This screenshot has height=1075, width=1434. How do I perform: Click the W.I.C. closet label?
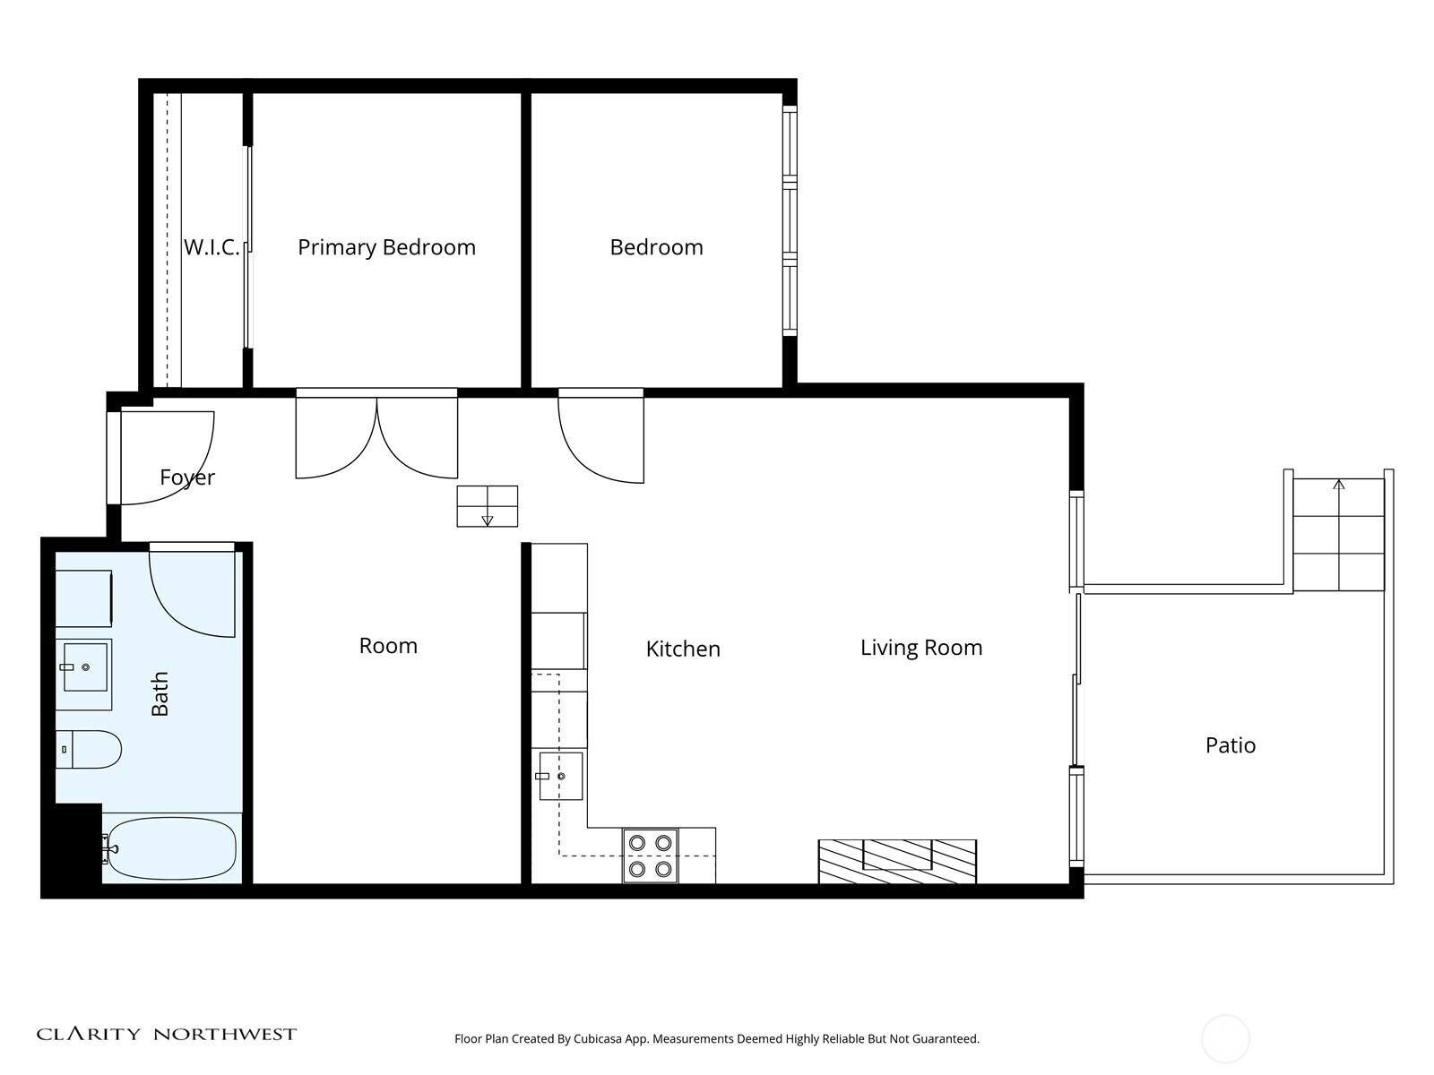(212, 247)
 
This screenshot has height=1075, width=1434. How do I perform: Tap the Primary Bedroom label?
(386, 247)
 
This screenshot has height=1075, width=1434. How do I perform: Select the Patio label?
(1230, 745)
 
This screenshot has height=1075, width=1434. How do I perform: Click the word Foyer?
(187, 477)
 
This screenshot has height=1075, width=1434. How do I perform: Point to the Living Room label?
(921, 648)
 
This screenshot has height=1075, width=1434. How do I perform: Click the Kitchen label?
(683, 649)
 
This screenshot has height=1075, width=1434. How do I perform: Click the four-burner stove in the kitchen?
(651, 856)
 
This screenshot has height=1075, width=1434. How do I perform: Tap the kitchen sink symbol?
(561, 776)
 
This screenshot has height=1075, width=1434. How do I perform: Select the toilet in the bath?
(89, 749)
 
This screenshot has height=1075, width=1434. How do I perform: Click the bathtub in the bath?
(171, 848)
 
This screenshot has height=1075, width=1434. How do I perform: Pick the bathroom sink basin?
(84, 666)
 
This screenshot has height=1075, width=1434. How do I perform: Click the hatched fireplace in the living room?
(897, 861)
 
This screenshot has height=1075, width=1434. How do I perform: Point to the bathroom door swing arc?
(191, 592)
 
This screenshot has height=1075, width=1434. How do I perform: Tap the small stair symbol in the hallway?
(487, 506)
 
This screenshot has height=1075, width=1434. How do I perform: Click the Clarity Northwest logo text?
(167, 1035)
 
